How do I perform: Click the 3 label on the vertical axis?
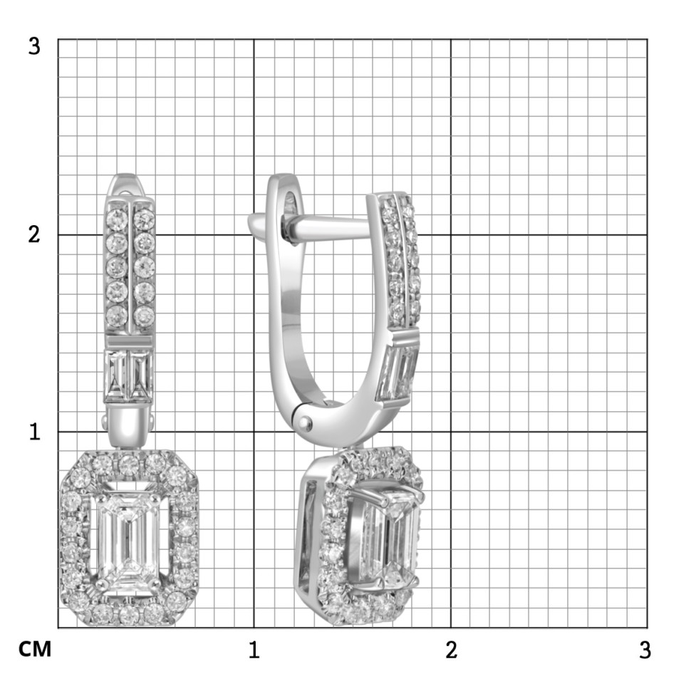pyautogui.click(x=34, y=46)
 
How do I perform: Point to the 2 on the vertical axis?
pyautogui.click(x=34, y=234)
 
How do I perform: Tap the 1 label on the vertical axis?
pyautogui.click(x=34, y=432)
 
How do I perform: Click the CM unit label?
pyautogui.click(x=35, y=649)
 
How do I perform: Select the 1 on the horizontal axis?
pyautogui.click(x=254, y=650)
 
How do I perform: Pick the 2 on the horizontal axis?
pyautogui.click(x=451, y=650)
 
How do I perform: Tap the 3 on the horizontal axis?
pyautogui.click(x=645, y=650)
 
